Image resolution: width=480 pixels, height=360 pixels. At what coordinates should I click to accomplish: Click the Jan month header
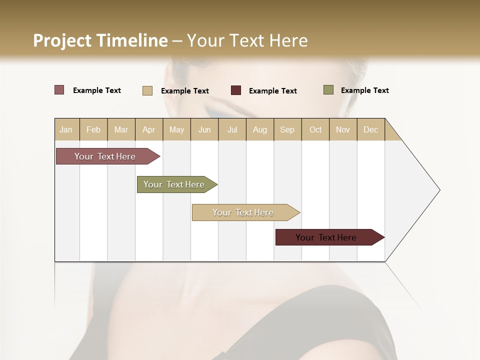66,129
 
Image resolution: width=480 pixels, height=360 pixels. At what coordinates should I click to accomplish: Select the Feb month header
93,129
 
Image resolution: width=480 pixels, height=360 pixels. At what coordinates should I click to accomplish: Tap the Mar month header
121,129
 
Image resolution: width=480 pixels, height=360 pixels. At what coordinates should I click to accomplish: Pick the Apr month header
149,129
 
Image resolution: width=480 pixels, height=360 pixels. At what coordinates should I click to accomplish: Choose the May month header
176,129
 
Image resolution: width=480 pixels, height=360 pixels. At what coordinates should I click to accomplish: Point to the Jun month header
204,129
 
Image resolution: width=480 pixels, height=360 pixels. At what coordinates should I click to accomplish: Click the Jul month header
232,129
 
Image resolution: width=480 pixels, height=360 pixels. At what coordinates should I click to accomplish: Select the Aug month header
260,129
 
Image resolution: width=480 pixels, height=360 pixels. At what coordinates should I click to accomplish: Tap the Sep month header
287,129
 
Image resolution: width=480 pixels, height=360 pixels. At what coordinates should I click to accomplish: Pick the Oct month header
315,129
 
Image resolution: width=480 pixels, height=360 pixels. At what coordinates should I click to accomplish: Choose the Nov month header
343,129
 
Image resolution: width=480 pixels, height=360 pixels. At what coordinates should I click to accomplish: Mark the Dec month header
371,129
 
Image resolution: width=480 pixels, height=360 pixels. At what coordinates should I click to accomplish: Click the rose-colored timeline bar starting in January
105,156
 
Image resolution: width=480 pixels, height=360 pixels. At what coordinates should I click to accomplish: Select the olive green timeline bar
174,184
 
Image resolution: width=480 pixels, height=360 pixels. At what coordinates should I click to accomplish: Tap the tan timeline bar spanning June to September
243,212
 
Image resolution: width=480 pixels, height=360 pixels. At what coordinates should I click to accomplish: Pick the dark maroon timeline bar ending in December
326,237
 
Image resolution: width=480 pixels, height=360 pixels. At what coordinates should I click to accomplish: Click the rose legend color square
59,90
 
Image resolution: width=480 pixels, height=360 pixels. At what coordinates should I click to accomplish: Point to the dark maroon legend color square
236,90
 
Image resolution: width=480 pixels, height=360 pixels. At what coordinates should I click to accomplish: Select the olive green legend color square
328,90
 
